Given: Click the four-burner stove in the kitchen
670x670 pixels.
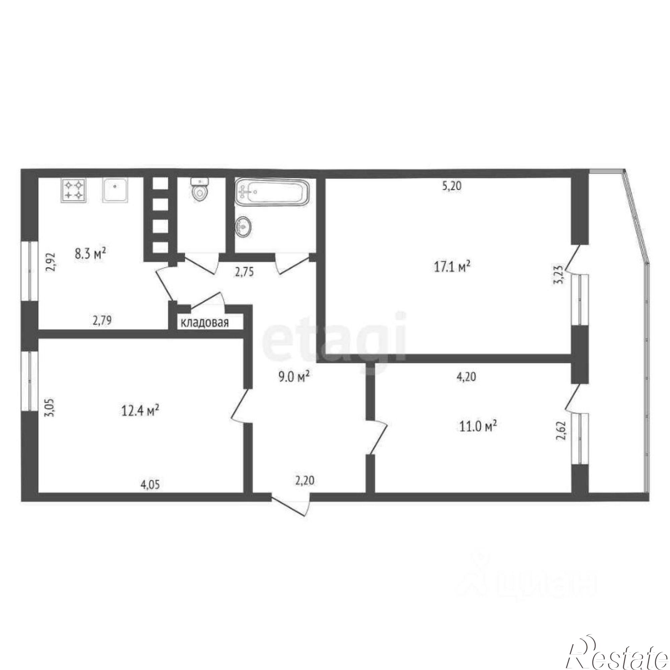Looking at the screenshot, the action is pos(74,190).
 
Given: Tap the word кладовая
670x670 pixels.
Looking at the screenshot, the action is pos(205,323).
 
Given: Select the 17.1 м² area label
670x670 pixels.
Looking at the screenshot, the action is pos(452,267).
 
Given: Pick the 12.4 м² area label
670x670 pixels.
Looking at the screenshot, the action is pos(140,411).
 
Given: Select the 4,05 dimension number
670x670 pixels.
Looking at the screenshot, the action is pos(150,485).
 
